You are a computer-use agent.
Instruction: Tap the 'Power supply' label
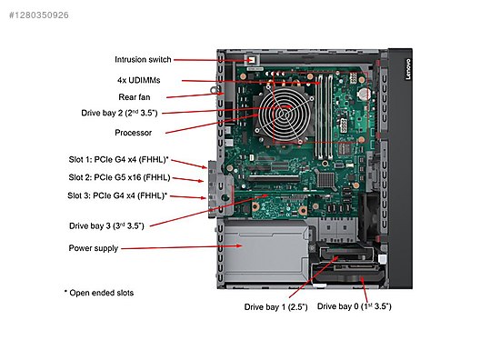click(94, 247)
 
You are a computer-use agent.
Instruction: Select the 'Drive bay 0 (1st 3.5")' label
click(355, 307)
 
